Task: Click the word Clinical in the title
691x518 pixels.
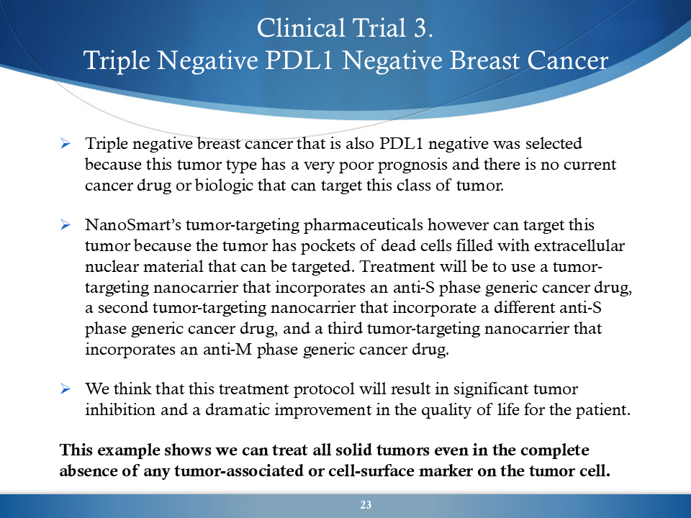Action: pyautogui.click(x=301, y=28)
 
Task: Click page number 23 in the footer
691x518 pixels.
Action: pyautogui.click(x=366, y=505)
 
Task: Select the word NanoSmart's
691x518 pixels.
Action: pyautogui.click(x=134, y=224)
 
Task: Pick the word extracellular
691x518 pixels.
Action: pyautogui.click(x=579, y=245)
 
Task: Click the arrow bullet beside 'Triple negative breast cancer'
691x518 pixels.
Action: pyautogui.click(x=66, y=144)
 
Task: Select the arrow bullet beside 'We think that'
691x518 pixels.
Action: pyautogui.click(x=66, y=389)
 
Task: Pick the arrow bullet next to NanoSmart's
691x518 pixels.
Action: pyautogui.click(x=66, y=225)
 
